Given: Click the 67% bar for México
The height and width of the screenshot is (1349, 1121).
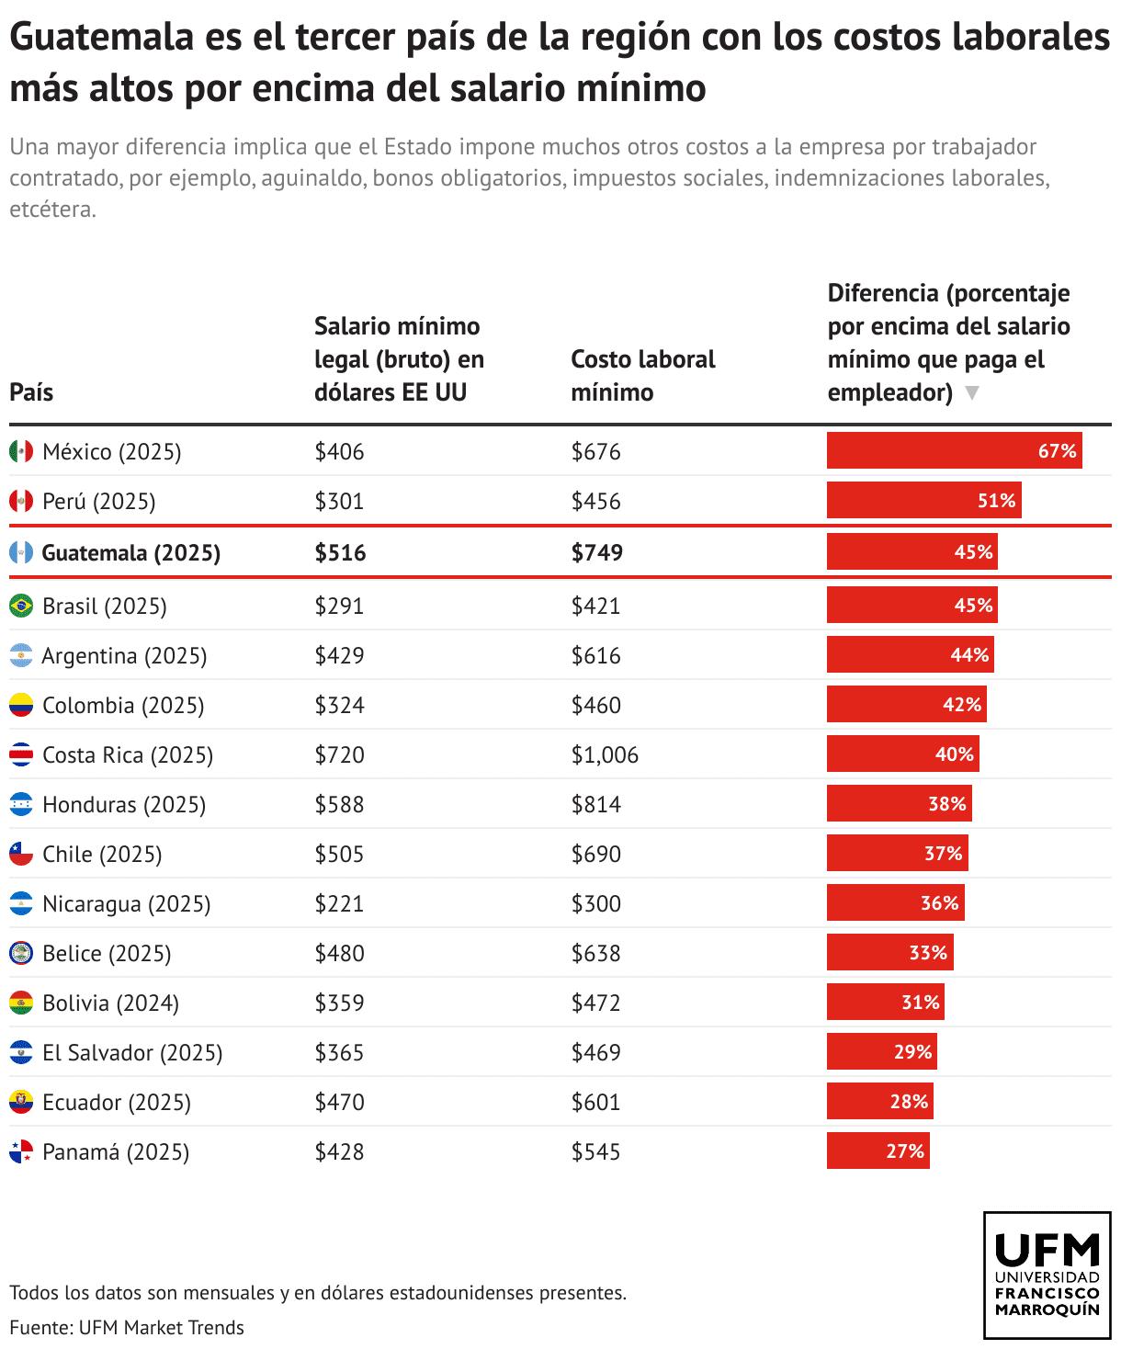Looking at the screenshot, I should pos(954,450).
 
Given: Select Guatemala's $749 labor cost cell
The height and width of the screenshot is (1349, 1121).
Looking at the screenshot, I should pos(596,552).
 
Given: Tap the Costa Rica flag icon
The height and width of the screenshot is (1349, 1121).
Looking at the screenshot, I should pos(21,754).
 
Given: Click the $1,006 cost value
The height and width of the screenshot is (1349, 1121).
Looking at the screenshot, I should pos(605,754).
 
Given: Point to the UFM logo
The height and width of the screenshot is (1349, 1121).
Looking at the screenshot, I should pos(1047,1275).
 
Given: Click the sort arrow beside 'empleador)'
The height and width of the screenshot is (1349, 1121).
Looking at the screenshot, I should pos(972,393).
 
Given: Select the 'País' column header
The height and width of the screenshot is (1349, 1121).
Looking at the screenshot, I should pos(31,392).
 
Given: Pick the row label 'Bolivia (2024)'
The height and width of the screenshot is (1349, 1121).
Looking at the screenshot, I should pos(110,1003).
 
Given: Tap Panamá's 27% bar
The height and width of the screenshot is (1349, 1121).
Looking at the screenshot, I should pos(878,1151).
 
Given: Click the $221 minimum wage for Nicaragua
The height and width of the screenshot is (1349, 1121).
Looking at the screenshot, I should pos(339,903).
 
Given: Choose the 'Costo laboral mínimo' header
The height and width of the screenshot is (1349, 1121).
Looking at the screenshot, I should pos(642,375).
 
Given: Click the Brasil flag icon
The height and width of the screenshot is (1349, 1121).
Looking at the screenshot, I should pos(21,606).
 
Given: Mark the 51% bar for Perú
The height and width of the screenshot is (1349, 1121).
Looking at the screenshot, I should pos(923,500).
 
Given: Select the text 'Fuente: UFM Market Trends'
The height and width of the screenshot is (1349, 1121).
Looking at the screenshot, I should pos(127,1327).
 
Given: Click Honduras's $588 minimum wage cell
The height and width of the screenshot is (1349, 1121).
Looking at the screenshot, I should pos(339,804).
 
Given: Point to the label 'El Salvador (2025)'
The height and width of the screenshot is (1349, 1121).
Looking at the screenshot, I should pos(132,1052).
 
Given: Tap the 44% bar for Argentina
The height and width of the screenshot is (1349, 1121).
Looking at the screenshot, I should pos(910,654).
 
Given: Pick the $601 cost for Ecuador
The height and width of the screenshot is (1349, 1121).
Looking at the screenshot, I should pos(595,1102).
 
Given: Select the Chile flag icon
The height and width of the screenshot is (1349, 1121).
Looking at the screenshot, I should pos(21,854).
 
